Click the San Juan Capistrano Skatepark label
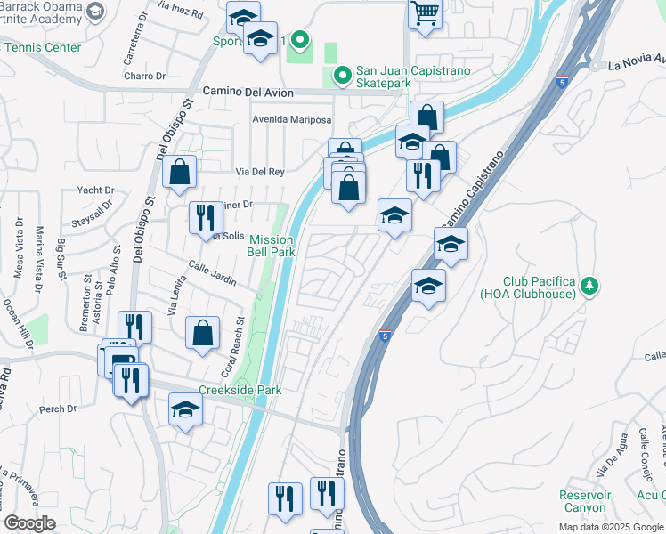pos(408,77)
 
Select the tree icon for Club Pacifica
pos(587,286)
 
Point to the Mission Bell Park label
pos(271,246)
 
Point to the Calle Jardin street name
pos(212,274)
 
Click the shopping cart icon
pos(426,12)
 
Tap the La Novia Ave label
pos(636,65)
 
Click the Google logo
pos(29,522)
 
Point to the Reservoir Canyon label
pos(584,501)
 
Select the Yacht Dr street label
pos(95,190)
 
